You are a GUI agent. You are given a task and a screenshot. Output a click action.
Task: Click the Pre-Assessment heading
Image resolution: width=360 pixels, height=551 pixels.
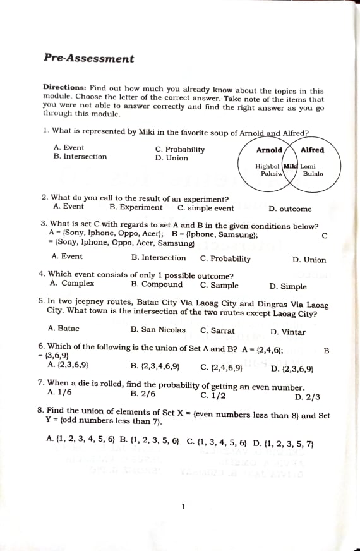coord(89,59)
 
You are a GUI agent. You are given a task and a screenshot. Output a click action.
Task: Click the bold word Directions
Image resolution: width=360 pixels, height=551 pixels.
coord(64,88)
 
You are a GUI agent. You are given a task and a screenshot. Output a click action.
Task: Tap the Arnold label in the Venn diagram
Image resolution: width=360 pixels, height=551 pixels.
coord(269,150)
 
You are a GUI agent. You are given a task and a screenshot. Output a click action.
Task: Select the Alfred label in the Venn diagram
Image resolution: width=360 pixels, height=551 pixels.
coord(312,150)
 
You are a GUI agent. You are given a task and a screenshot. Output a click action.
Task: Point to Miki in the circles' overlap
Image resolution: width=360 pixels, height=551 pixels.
coord(291,166)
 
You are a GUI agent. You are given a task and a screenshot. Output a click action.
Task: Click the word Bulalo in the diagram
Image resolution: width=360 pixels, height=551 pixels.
coord(313,174)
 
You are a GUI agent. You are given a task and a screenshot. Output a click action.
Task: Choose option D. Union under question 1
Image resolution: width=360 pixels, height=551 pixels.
coord(172,158)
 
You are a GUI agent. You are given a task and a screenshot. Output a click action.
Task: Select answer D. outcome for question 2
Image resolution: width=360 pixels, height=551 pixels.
coord(290,209)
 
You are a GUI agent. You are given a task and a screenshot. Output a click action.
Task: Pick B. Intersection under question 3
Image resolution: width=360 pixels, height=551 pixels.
coord(159,258)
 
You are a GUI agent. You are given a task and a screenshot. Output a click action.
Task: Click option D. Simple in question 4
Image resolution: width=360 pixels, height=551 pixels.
coord(288,286)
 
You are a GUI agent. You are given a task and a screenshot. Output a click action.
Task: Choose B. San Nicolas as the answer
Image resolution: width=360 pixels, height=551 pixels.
coord(158,330)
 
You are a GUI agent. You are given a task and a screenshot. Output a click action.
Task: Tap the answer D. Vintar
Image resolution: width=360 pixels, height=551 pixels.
coord(288,332)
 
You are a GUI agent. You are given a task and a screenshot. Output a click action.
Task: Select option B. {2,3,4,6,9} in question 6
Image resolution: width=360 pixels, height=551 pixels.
coord(155,366)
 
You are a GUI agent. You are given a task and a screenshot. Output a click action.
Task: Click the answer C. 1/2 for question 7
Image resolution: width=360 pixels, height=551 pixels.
coord(213,396)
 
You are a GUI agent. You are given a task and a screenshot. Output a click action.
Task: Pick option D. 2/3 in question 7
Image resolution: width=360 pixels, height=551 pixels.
coord(308,397)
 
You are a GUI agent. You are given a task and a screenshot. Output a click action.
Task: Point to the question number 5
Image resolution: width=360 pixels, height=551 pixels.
coord(41,303)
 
